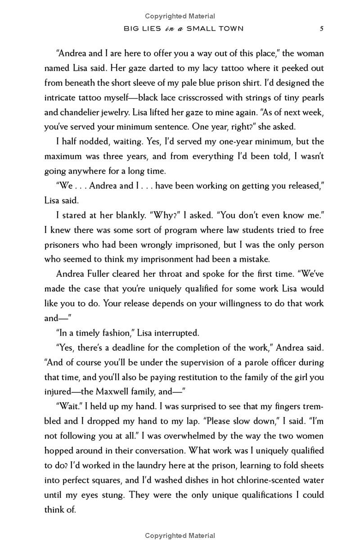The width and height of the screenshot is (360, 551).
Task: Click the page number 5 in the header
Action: pos(321,29)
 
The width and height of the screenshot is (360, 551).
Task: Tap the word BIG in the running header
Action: pos(131,29)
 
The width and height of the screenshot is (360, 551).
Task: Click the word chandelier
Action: pos(81,112)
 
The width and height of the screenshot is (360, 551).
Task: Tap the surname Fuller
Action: pos(108,274)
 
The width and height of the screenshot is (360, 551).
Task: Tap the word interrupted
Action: pos(173,332)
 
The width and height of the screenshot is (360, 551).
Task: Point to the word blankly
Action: pos(121,215)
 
